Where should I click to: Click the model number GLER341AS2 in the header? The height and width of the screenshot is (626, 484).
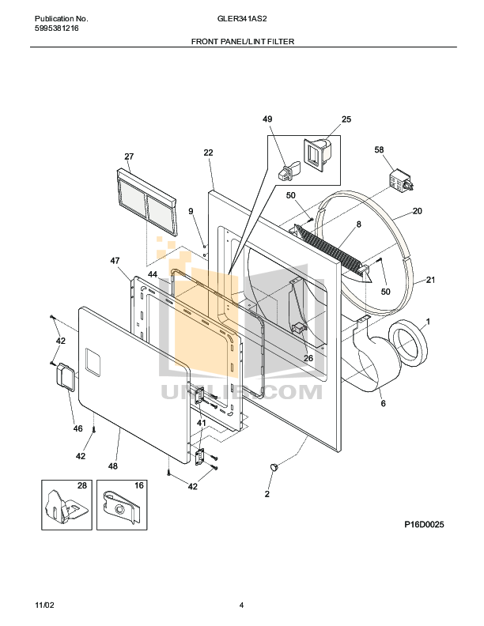pos(242,18)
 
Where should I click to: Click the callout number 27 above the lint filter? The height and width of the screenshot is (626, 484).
pos(129,156)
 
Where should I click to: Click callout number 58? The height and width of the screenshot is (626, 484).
pos(379,149)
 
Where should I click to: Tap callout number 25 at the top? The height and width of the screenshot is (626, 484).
pos(346,119)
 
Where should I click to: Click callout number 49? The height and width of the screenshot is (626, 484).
pos(267,119)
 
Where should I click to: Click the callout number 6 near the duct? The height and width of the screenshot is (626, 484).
pos(384,403)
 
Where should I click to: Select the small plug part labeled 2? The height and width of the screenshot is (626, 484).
pos(275,468)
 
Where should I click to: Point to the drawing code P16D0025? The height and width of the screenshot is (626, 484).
pos(425,524)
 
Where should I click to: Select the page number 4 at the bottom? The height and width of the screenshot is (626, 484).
pos(241,605)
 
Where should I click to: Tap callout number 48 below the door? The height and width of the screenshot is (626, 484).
pos(113,466)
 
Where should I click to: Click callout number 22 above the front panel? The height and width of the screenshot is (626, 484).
pos(208,153)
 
